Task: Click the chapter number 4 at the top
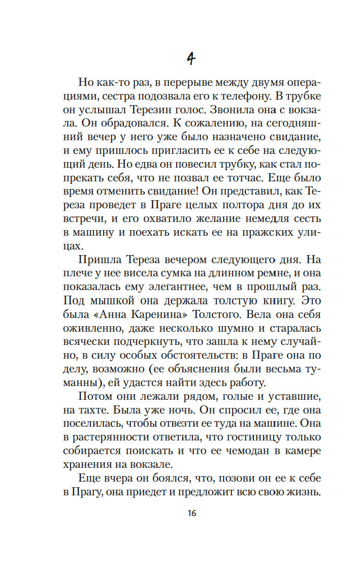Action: [x=190, y=58]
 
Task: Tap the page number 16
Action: [x=190, y=513]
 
